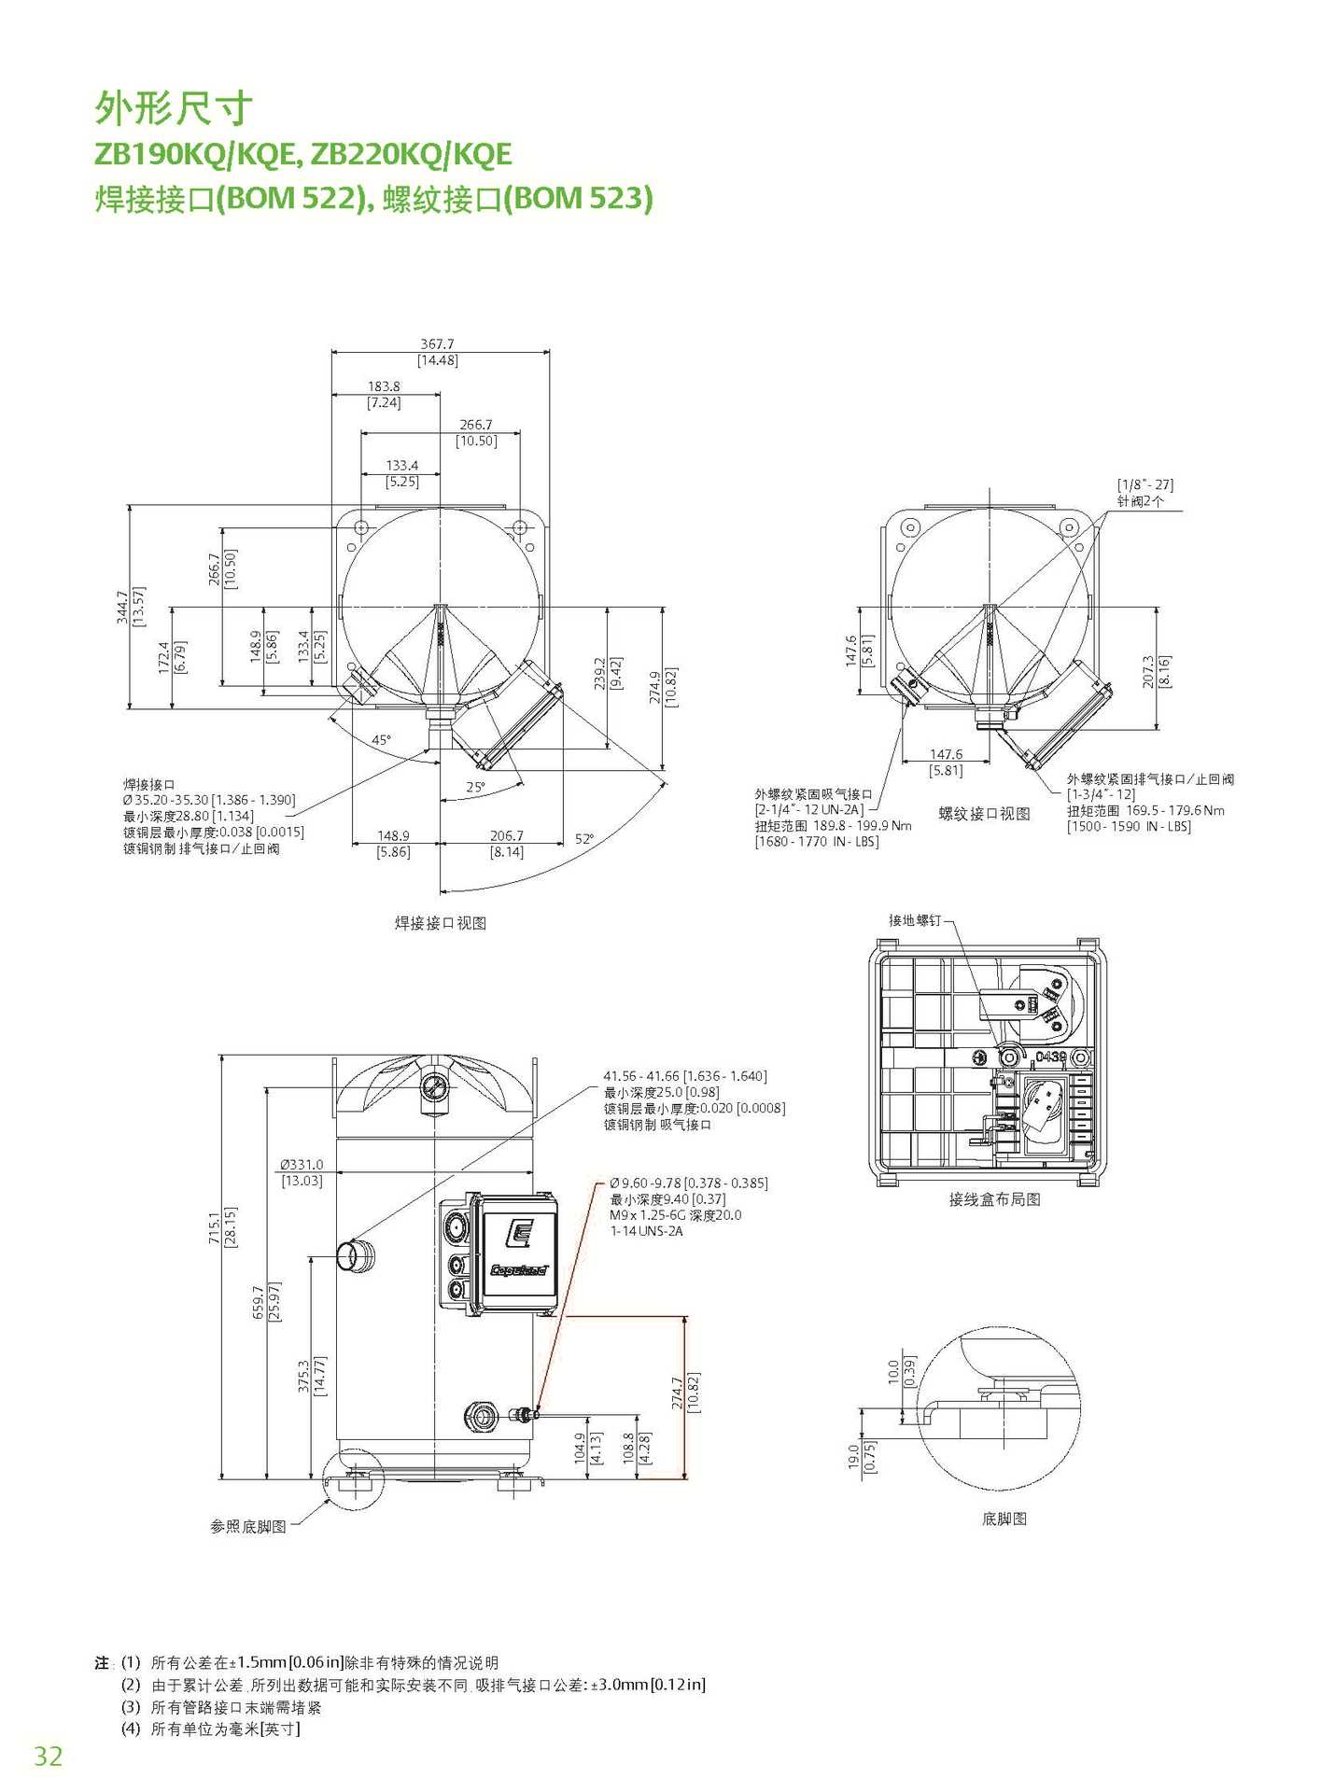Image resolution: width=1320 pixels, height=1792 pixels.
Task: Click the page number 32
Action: point(49,1756)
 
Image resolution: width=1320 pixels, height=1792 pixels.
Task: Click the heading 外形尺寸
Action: point(174,108)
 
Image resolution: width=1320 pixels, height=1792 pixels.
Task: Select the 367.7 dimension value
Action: point(437,344)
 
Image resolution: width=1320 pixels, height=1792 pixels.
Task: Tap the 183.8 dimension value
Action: point(384,386)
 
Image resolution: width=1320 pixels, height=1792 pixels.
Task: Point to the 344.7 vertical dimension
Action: point(122,608)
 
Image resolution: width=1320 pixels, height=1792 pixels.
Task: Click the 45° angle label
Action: point(382,740)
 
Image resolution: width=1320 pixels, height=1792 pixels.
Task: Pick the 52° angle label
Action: point(584,839)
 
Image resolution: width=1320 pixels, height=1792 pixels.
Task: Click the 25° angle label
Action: point(476,788)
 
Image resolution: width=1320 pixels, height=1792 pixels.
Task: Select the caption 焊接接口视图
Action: point(441,923)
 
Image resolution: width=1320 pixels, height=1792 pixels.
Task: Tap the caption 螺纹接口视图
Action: point(984,814)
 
